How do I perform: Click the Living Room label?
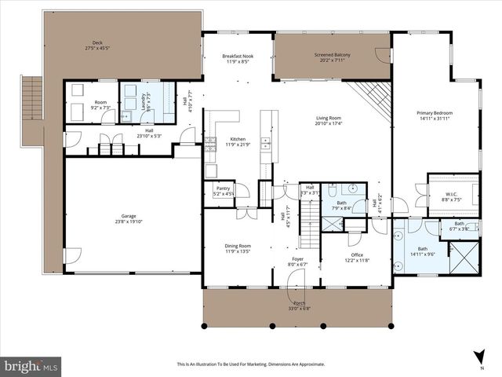click(329, 119)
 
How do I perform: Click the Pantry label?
click(223, 188)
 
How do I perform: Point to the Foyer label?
click(298, 258)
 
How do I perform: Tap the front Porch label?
click(299, 303)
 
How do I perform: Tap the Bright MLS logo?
click(32, 366)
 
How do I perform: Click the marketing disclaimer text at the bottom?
click(250, 364)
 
